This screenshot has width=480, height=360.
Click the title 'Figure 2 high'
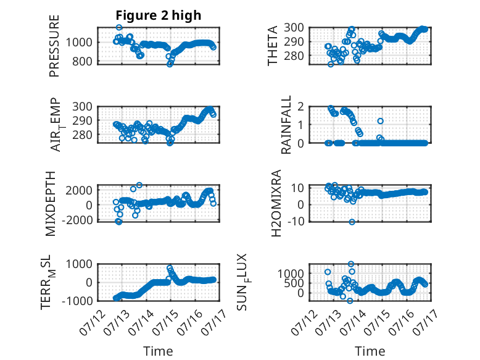tap(159, 15)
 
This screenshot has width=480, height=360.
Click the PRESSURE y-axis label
tap(54, 46)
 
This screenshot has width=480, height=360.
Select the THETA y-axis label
tap(272, 46)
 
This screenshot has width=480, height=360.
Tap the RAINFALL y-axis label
tap(286, 125)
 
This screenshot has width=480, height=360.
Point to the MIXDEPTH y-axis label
tap(51, 204)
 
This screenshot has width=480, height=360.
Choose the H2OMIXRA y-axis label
tap(276, 203)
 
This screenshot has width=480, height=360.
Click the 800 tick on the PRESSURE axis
tap(82, 62)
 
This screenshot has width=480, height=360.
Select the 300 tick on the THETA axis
tap(294, 28)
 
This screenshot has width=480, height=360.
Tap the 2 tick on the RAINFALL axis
tap(301, 107)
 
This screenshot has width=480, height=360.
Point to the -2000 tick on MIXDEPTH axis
tap(77, 220)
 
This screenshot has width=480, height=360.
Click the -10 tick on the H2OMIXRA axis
tap(297, 221)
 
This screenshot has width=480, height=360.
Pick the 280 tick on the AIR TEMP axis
tap(82, 135)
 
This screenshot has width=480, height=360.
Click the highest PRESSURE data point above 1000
tap(119, 28)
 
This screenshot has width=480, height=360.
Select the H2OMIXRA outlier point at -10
tap(352, 222)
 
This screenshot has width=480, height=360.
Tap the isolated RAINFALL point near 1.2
tap(380, 121)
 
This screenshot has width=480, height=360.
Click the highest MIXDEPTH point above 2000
tap(139, 185)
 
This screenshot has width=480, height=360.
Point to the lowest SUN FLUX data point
tap(350, 301)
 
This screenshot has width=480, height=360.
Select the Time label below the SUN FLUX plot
tap(370, 351)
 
